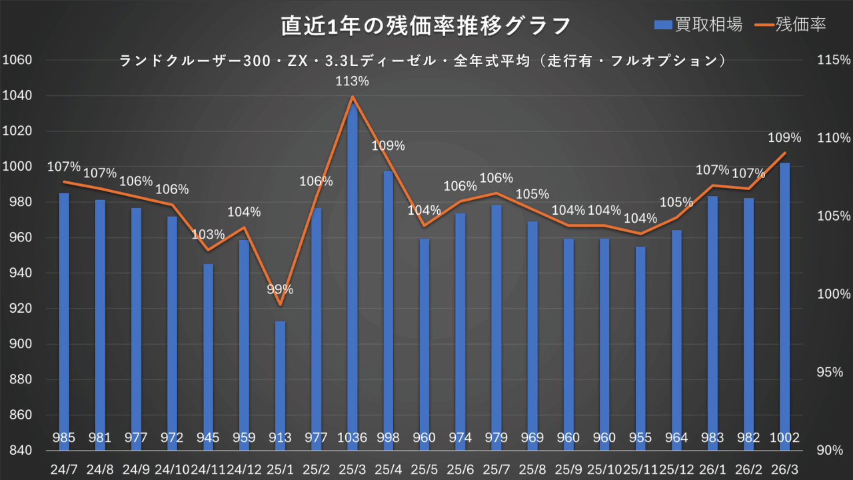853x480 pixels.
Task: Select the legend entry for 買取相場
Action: click(698, 25)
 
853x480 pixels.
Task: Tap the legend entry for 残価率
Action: click(792, 25)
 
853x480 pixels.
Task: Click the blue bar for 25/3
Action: click(353, 267)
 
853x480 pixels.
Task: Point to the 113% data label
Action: click(353, 81)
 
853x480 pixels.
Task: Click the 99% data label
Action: click(280, 289)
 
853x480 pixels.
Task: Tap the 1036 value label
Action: click(353, 438)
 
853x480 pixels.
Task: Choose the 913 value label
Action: click(281, 438)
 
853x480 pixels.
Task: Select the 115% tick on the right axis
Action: click(833, 60)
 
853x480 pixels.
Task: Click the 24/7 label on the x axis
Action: click(64, 469)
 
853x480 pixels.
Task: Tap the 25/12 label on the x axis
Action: click(676, 469)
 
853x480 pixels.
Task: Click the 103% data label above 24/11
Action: click(209, 234)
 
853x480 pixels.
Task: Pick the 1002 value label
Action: click(785, 438)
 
